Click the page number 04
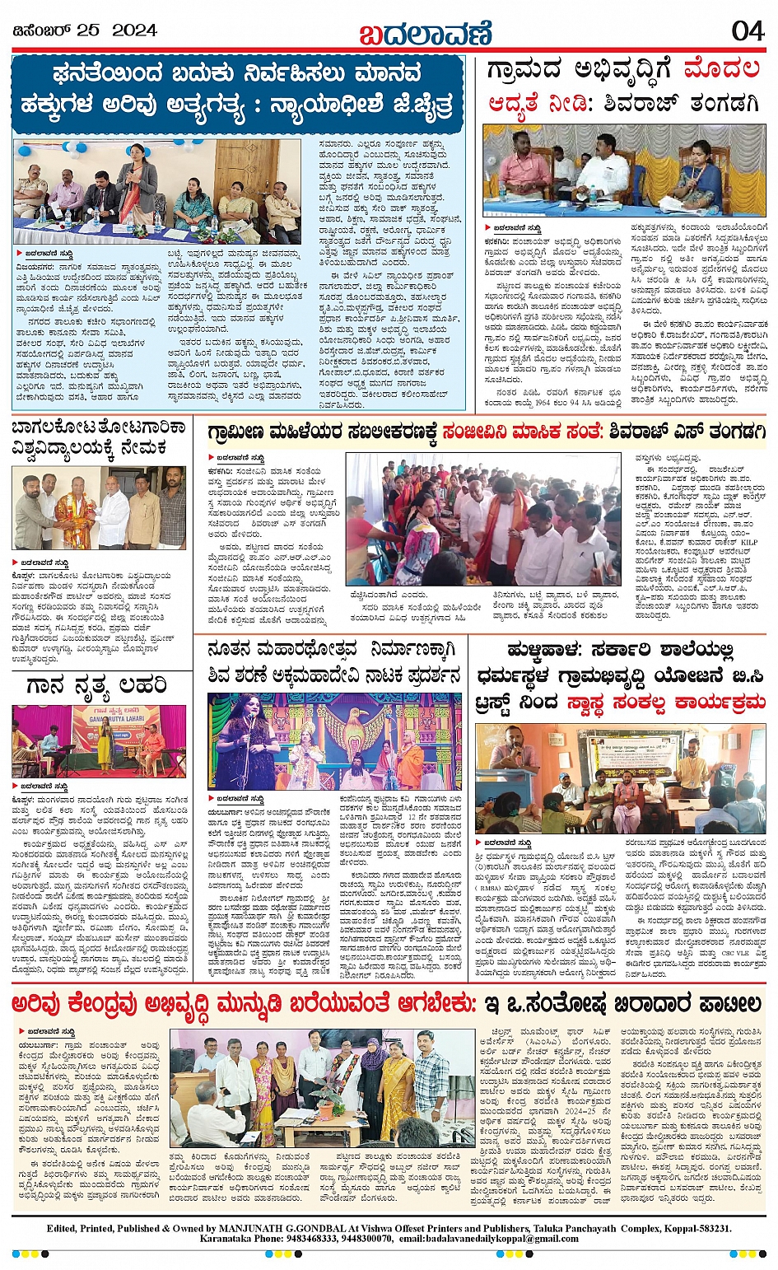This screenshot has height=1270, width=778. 747,30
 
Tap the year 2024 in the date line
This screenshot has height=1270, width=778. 134,30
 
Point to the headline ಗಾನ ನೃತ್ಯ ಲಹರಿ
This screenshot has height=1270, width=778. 97,685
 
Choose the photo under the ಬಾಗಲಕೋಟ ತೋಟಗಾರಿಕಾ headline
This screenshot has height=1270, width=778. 99,508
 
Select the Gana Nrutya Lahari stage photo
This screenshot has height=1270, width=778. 99,740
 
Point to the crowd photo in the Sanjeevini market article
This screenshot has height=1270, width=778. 483,520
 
